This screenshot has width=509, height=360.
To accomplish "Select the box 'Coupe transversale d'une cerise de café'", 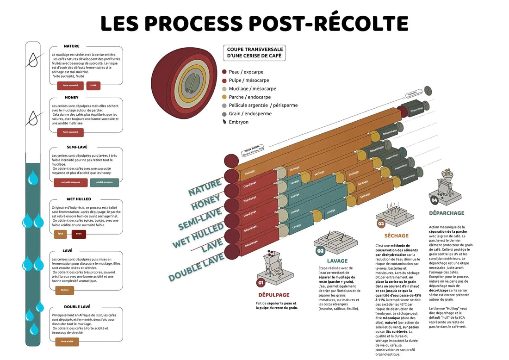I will pyautogui.click(x=254, y=53).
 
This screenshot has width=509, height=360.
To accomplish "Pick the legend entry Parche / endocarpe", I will pyautogui.click(x=250, y=97).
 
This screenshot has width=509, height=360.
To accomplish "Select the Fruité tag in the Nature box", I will pyautogui.click(x=93, y=86).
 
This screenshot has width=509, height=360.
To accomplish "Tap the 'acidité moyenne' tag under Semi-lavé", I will pyautogui.click(x=104, y=182).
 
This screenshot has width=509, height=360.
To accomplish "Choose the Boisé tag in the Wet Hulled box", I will pyautogui.click(x=79, y=234).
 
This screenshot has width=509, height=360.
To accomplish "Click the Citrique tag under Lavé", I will pyautogui.click(x=64, y=291).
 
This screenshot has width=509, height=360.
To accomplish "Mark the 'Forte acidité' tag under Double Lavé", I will pyautogui.click(x=67, y=342).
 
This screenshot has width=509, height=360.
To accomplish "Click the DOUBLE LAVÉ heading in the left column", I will pyautogui.click(x=77, y=307).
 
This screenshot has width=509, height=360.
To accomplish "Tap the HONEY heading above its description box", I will pyautogui.click(x=72, y=98).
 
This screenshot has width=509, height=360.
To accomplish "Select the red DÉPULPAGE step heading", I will pyautogui.click(x=274, y=295).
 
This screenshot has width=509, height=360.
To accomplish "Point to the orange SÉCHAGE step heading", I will pyautogui.click(x=393, y=236).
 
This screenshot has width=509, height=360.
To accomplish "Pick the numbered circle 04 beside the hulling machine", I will pyautogui.click(x=434, y=200).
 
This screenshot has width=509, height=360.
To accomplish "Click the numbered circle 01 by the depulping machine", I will pyautogui.click(x=261, y=282).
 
